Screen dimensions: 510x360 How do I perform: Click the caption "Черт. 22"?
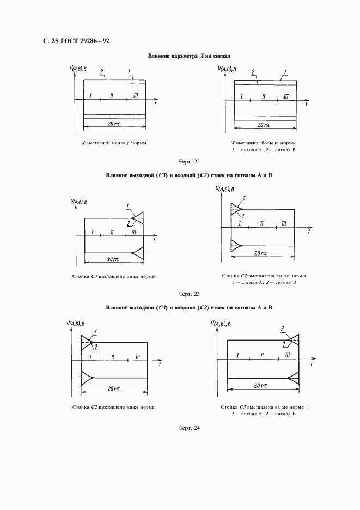189,161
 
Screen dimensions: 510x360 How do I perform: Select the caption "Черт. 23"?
189,294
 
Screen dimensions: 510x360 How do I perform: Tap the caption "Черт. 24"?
189,428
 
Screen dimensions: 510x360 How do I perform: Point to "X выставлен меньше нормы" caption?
114,143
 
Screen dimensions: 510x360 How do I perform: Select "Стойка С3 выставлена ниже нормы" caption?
114,276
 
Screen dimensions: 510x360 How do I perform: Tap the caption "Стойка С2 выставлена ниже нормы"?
114,408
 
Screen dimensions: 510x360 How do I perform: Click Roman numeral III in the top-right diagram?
285,97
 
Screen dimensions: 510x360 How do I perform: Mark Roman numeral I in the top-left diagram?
90,96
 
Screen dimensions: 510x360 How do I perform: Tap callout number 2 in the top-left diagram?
101,71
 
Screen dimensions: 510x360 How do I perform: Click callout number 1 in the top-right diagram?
285,71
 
